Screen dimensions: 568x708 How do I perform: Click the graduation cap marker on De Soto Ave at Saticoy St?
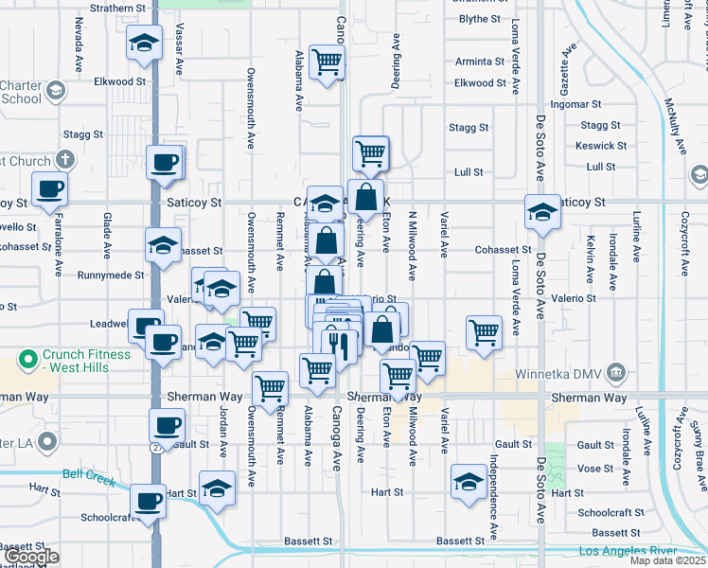tap(543, 211)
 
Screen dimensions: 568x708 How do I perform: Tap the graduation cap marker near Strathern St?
tap(143, 43)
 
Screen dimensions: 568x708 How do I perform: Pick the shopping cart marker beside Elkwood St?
tap(327, 62)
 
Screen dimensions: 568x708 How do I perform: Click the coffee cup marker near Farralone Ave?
tap(49, 188)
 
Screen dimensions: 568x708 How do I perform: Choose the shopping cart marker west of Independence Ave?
tap(484, 332)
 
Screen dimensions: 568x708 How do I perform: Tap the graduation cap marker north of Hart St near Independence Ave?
tap(469, 481)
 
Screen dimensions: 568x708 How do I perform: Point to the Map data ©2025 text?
tap(668, 561)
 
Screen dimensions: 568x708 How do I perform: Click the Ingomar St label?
tap(576, 104)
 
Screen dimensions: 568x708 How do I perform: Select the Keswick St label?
tap(601, 146)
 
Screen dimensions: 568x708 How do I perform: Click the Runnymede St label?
tap(112, 275)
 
